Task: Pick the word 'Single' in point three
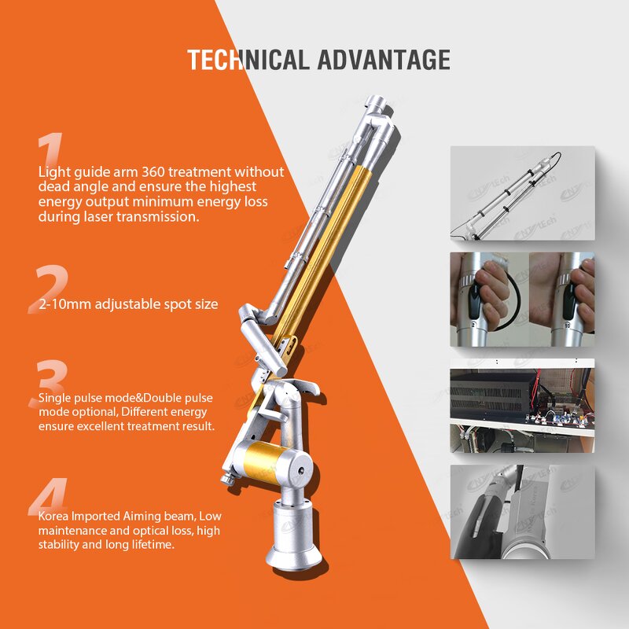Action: pos(55,399)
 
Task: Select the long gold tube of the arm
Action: pos(338,236)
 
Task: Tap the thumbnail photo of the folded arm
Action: pos(522,193)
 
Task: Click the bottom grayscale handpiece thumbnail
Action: pos(522,511)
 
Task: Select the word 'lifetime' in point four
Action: pos(149,545)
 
